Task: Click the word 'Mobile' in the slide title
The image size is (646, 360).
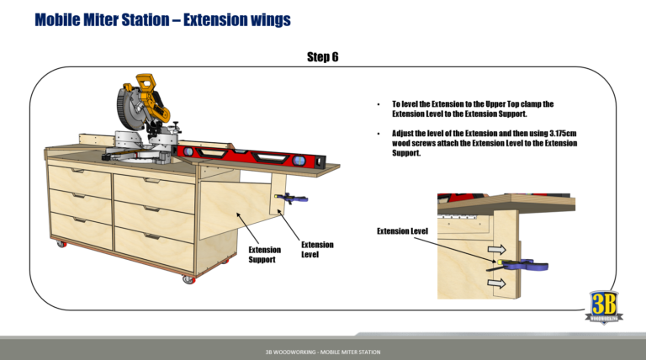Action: [x=61, y=19]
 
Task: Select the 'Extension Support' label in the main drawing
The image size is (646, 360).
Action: [x=264, y=255]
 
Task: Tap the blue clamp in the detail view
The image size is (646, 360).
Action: [x=530, y=266]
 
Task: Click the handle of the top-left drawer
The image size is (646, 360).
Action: [x=78, y=172]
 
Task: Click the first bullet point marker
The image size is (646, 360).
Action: [x=380, y=104]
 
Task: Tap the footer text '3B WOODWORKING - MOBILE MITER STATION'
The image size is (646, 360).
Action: [x=322, y=350]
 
